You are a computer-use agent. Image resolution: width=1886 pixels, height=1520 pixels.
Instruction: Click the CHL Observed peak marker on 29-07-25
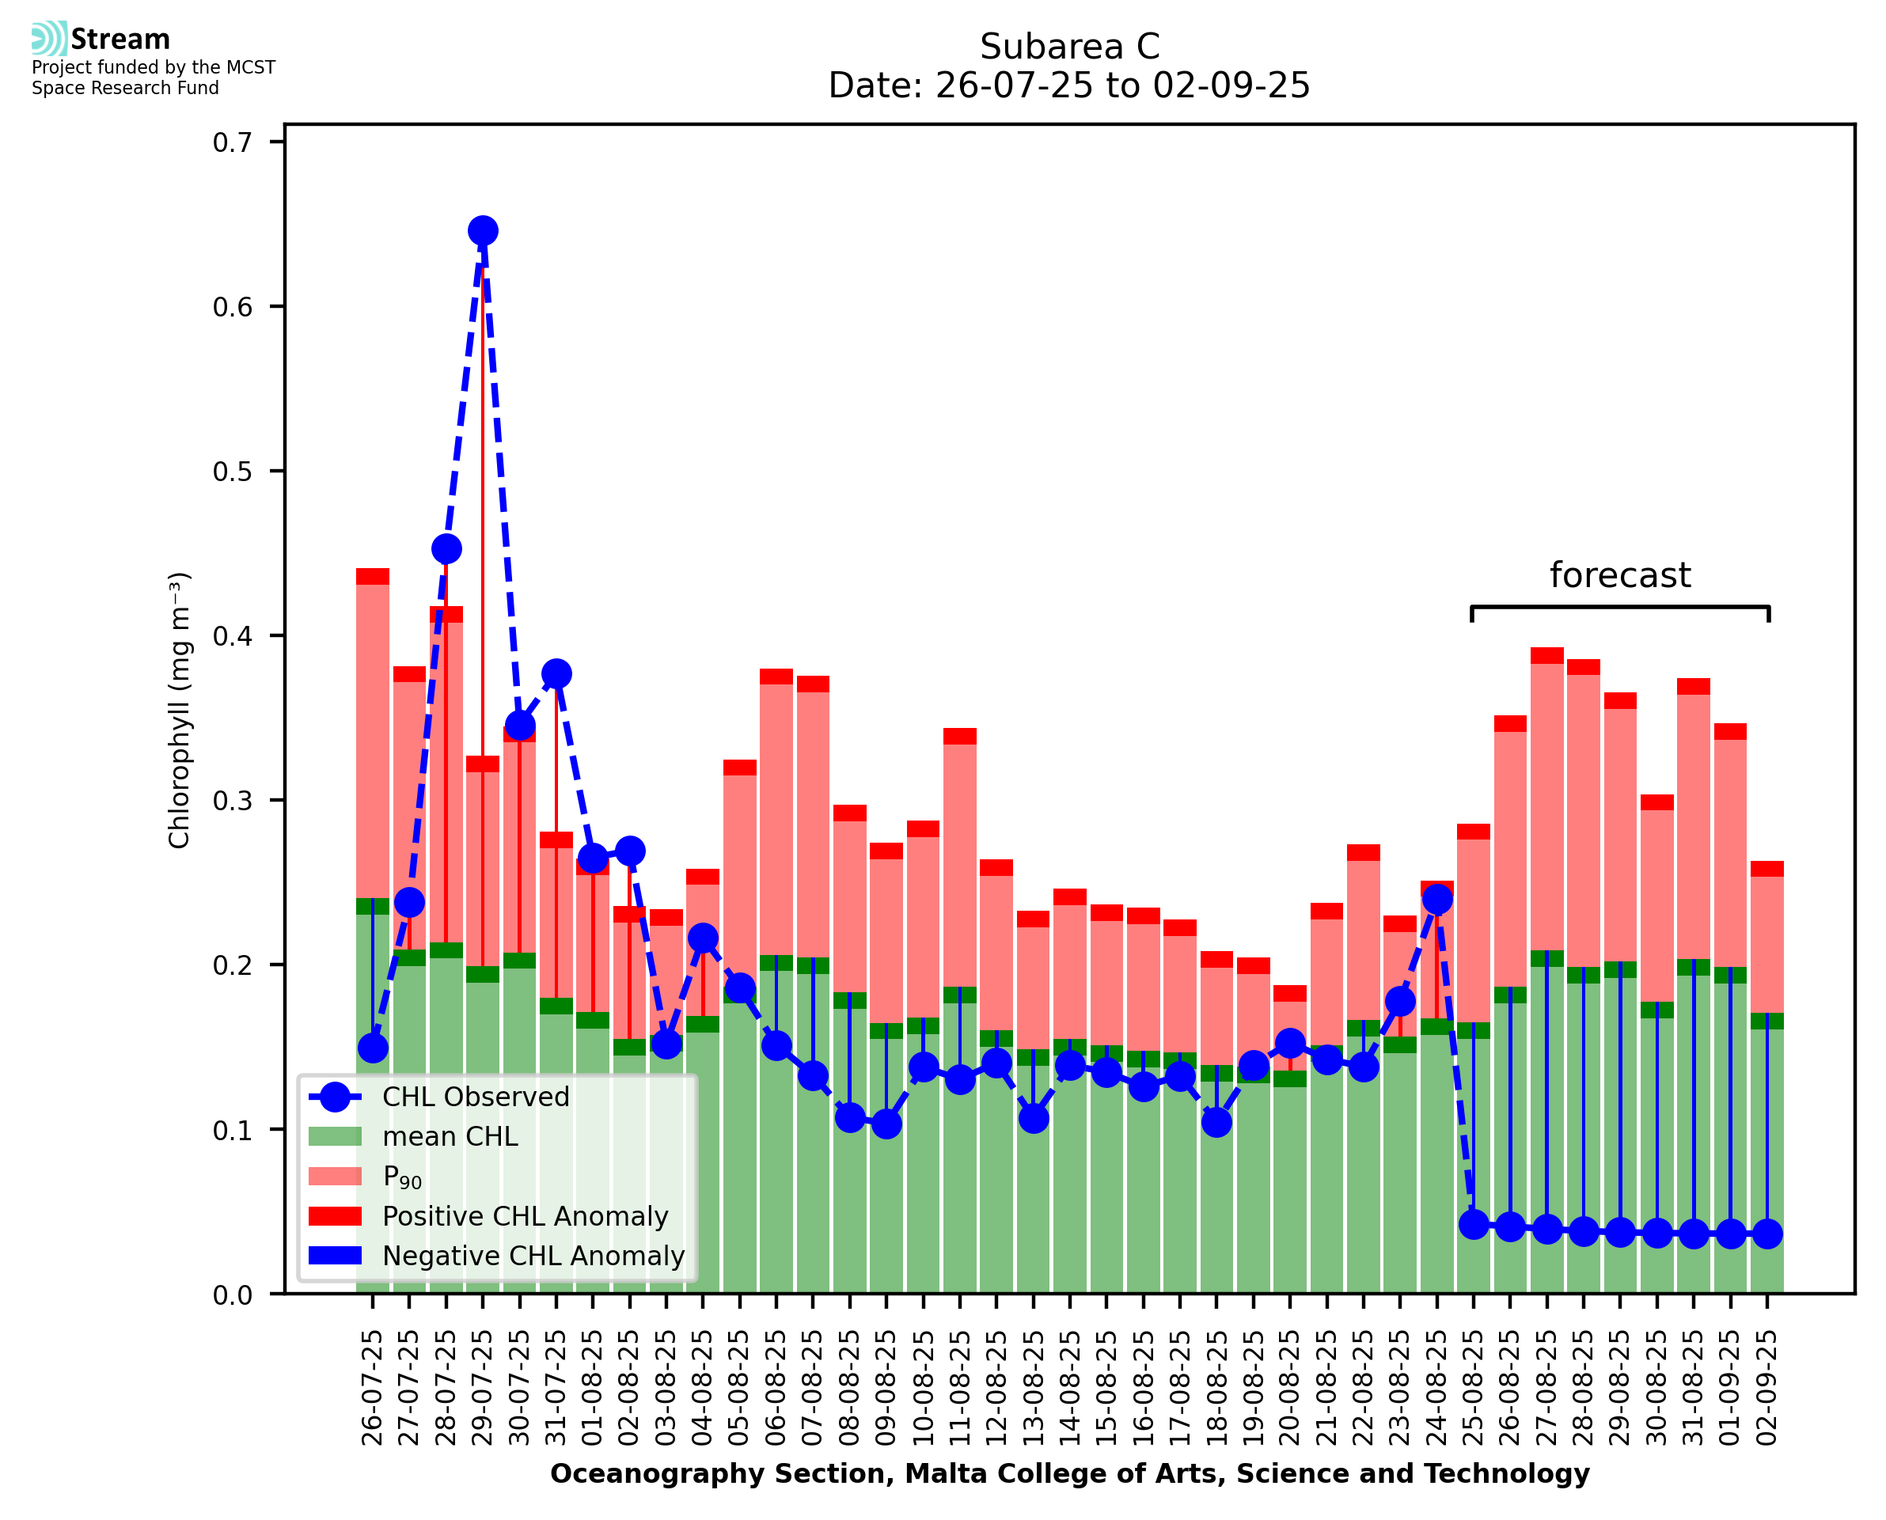(x=483, y=231)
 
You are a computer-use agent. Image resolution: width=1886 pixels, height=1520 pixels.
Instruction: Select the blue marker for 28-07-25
(x=446, y=549)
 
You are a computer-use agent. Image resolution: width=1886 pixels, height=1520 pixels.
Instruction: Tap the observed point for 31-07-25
(x=556, y=673)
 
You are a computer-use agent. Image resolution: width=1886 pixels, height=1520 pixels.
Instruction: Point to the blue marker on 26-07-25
(x=373, y=1048)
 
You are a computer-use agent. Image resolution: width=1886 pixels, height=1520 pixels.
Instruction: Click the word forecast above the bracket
(x=1620, y=575)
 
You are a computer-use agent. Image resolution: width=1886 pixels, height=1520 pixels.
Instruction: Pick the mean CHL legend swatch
(x=336, y=1136)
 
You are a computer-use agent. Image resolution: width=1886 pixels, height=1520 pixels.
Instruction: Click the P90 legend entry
(x=402, y=1177)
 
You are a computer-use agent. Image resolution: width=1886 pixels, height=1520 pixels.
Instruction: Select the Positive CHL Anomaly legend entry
(x=525, y=1216)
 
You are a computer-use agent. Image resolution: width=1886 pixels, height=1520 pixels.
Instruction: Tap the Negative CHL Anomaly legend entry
(x=533, y=1256)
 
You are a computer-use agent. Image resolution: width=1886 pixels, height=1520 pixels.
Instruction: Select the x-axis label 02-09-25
(x=1767, y=1388)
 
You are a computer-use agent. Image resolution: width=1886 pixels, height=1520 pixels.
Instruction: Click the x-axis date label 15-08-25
(x=1106, y=1388)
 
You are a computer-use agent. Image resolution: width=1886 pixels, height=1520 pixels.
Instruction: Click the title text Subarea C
(x=1069, y=47)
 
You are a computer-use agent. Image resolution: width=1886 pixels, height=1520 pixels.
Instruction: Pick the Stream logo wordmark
(x=120, y=40)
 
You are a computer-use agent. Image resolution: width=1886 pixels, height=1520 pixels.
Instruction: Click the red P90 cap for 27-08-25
(x=1546, y=655)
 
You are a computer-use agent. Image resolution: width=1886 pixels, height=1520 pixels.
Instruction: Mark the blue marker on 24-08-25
(x=1436, y=899)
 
